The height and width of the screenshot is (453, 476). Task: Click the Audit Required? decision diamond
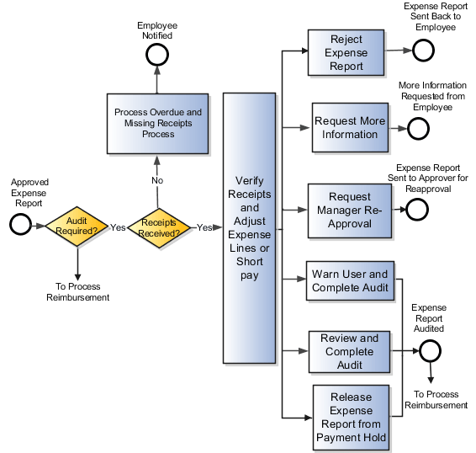(x=76, y=226)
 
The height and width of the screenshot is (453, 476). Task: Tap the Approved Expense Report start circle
(x=19, y=225)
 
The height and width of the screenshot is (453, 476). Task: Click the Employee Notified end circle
(x=156, y=54)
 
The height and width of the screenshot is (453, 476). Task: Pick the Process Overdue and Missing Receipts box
(x=157, y=123)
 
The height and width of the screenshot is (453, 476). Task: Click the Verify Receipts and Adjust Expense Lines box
(x=249, y=228)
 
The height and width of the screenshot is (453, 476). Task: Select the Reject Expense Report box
(x=346, y=53)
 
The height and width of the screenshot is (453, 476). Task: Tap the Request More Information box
(x=350, y=128)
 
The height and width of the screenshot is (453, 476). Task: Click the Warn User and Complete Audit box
(x=350, y=281)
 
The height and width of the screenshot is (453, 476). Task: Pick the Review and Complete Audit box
(x=350, y=352)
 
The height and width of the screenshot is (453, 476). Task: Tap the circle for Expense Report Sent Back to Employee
(x=423, y=51)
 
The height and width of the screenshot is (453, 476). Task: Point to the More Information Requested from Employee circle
(x=418, y=129)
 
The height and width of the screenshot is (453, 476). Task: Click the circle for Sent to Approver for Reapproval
(x=417, y=210)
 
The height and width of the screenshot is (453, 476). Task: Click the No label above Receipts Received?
(x=157, y=180)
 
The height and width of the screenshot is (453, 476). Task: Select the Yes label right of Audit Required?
(x=117, y=227)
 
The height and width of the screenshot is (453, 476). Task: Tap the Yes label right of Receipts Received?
(x=204, y=227)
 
